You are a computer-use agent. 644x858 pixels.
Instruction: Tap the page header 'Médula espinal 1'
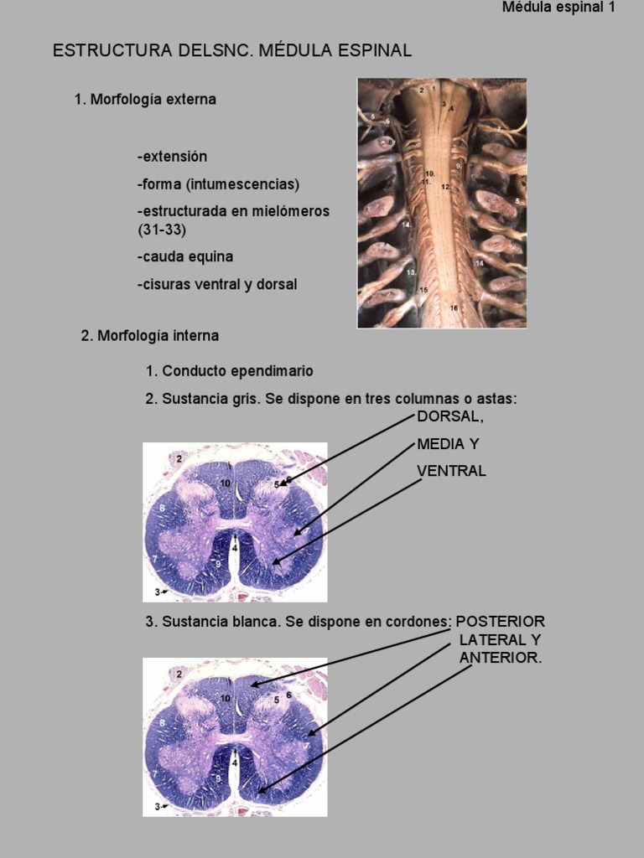[x=558, y=8]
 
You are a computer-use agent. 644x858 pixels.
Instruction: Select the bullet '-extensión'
[x=172, y=157]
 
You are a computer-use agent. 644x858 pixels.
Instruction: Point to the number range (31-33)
[x=162, y=229]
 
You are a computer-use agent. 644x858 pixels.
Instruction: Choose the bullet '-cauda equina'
[x=185, y=256]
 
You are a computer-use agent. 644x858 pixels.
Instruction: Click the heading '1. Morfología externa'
[x=145, y=99]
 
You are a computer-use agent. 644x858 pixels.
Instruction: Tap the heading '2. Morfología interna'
[x=150, y=335]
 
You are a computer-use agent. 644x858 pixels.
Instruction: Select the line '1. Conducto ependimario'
[x=230, y=370]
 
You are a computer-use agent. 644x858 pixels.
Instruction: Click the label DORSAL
[x=450, y=416]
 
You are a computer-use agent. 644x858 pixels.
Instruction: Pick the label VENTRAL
[x=451, y=471]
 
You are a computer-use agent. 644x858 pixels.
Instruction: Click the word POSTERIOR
[x=501, y=622]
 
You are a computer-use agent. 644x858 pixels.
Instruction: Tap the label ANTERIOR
[x=501, y=659]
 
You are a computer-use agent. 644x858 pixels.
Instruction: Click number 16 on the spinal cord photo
[x=454, y=308]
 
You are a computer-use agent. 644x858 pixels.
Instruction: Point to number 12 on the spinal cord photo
[x=445, y=187]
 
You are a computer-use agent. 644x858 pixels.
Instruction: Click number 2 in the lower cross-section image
[x=179, y=672]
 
